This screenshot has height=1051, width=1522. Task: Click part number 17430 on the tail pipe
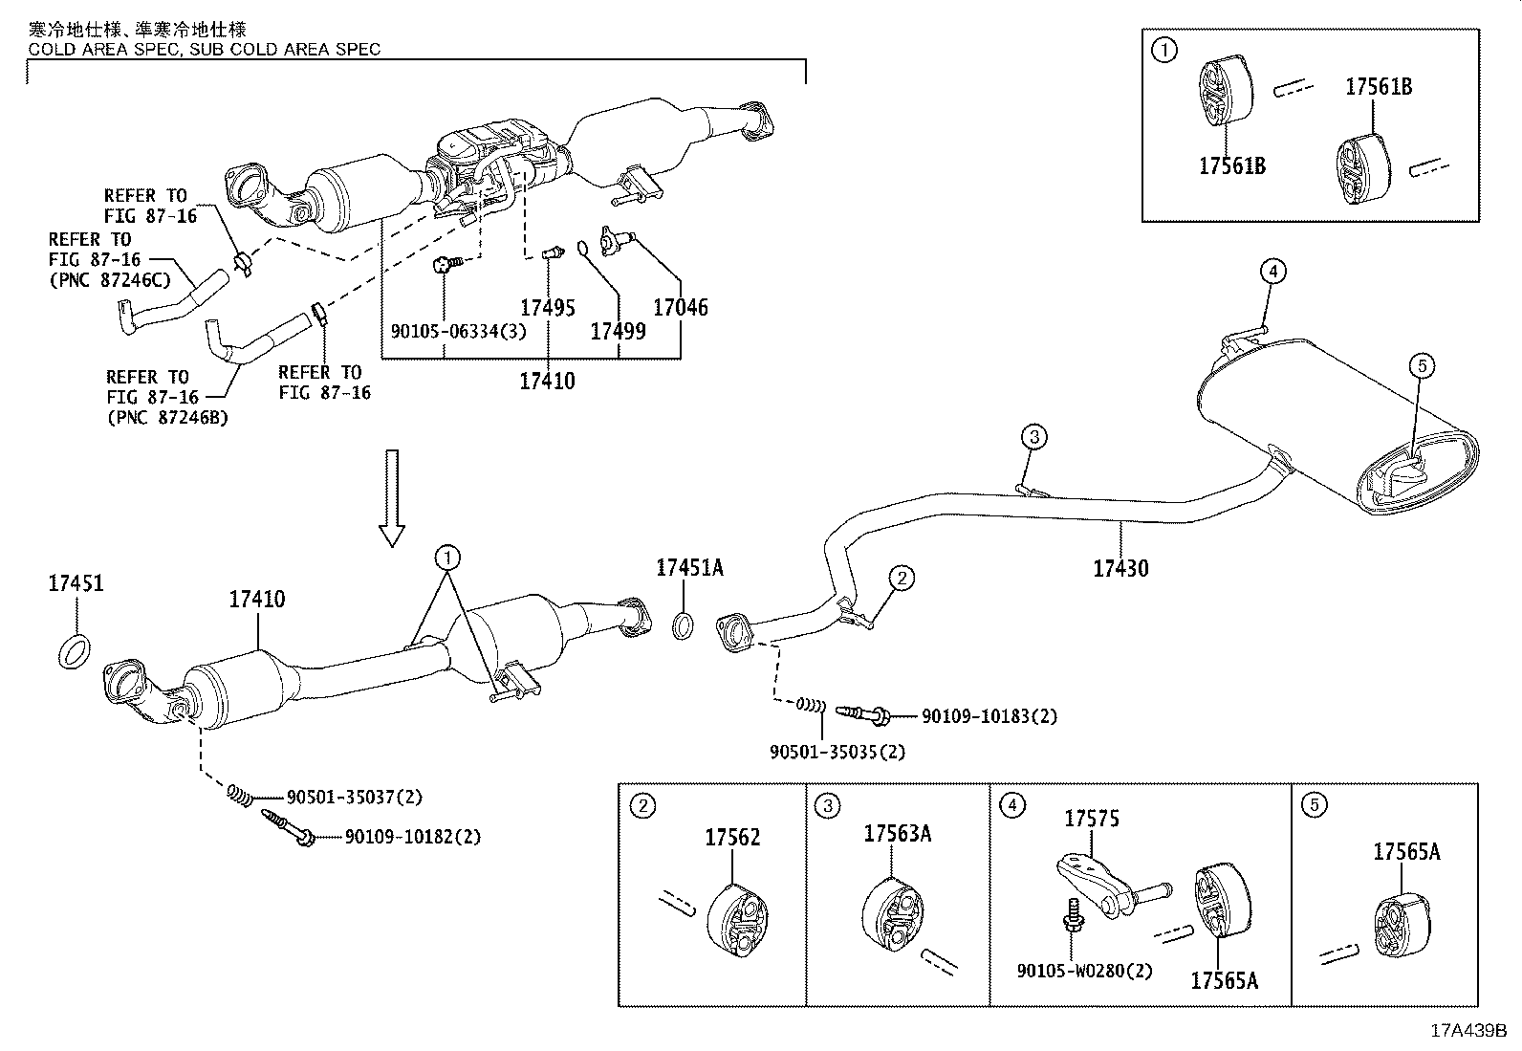click(1120, 568)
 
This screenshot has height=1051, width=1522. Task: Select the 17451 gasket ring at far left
click(76, 651)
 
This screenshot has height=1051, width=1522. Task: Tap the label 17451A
click(689, 567)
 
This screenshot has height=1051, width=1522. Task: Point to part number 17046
click(681, 307)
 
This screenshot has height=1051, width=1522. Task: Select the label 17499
click(618, 331)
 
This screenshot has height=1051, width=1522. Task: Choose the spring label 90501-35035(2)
click(837, 752)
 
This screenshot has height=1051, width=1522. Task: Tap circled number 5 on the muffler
click(1422, 364)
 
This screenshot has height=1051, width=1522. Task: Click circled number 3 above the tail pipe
click(1033, 438)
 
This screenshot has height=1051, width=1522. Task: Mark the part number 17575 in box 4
click(1092, 819)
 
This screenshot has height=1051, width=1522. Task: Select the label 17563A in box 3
click(897, 833)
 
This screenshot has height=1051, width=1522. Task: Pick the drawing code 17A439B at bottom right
click(1468, 1031)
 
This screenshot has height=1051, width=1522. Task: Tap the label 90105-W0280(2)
click(1084, 970)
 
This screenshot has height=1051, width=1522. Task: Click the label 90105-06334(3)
click(445, 331)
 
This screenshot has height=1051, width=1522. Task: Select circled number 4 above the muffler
click(1271, 272)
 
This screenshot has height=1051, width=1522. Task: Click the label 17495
click(548, 307)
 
